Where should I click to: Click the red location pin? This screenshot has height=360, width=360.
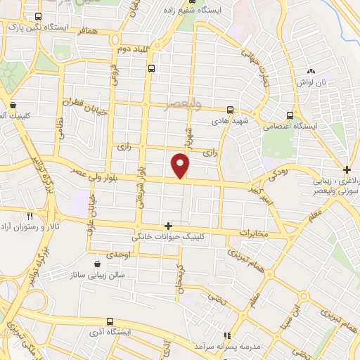point(181,165)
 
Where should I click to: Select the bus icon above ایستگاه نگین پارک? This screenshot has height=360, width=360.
point(37,16)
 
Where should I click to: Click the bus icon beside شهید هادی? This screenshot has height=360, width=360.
point(231,110)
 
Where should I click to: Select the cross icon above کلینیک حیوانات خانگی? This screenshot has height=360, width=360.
point(168,226)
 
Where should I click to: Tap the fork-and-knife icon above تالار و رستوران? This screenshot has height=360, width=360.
point(30,216)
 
